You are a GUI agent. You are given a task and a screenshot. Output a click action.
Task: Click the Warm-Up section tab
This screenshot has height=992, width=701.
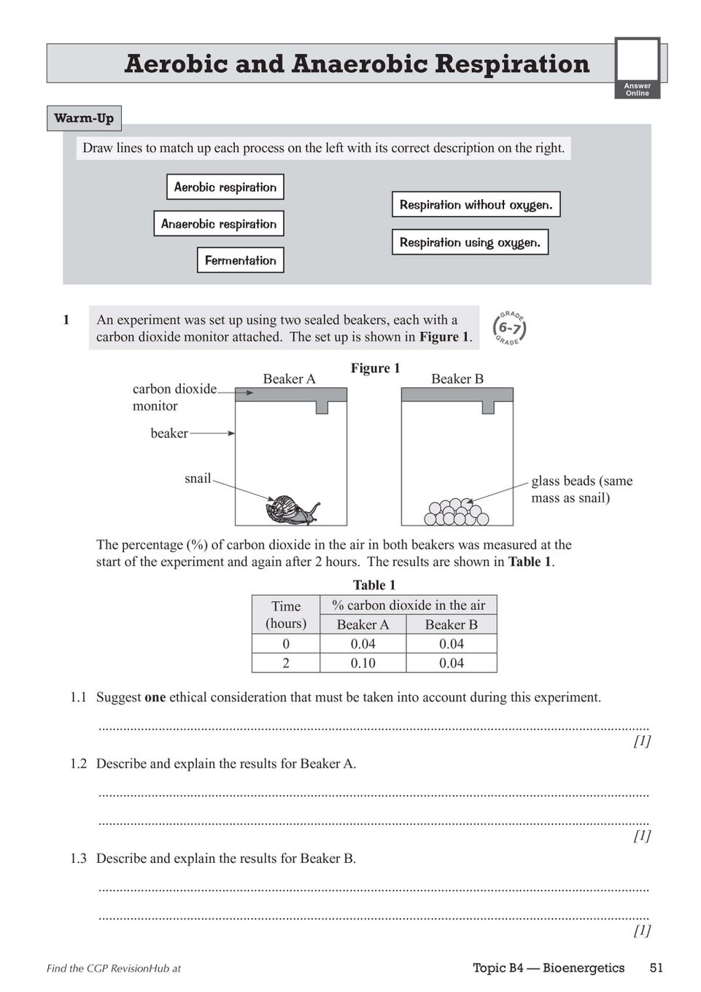[x=84, y=118]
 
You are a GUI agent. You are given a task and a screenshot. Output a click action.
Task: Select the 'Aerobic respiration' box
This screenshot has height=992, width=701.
[x=225, y=187]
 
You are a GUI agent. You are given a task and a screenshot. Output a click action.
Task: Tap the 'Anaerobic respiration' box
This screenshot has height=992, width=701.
[x=218, y=224]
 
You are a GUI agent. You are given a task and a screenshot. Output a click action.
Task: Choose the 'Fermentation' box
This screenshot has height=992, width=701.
[x=240, y=260]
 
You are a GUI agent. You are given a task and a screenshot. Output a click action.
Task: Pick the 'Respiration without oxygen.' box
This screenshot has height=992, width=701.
[x=476, y=205]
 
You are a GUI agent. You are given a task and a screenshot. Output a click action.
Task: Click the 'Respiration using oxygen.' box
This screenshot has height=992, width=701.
[x=470, y=242]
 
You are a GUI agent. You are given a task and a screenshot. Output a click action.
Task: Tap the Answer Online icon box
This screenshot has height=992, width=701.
[x=637, y=68]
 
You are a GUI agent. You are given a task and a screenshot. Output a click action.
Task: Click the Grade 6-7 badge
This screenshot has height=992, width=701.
[x=509, y=328]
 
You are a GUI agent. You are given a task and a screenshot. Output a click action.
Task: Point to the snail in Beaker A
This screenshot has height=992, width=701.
[x=292, y=509]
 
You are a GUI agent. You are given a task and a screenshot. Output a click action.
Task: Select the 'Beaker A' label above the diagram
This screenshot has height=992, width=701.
[x=289, y=379]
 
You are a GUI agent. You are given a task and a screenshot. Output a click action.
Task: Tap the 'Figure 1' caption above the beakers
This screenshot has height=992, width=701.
[x=375, y=368]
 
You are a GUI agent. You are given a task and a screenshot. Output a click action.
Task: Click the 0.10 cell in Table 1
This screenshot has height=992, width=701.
[x=363, y=663]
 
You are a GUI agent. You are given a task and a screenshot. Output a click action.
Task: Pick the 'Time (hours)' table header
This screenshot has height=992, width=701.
[x=286, y=614]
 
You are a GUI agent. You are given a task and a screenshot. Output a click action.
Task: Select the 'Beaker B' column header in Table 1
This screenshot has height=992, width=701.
[x=451, y=624]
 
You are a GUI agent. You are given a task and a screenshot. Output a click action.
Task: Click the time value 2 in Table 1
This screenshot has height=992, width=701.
[x=286, y=663]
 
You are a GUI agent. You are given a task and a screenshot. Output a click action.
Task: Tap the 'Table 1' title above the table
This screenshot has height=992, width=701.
[x=373, y=585]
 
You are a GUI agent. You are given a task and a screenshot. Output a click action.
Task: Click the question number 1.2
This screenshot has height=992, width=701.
[x=78, y=764]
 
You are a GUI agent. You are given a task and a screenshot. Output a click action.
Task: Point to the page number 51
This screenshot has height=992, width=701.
[x=656, y=968]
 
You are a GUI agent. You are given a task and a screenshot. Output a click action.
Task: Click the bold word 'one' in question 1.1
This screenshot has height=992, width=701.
[x=155, y=697]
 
